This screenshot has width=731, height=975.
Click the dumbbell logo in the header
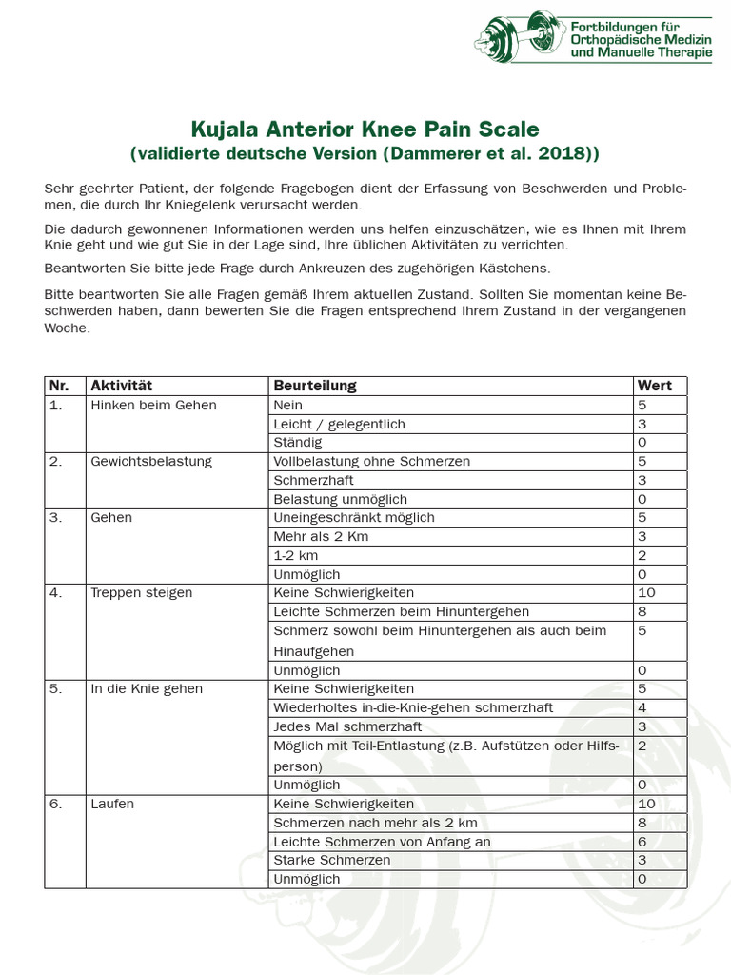pyautogui.click(x=520, y=38)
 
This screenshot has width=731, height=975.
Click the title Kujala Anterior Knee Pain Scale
pyautogui.click(x=365, y=129)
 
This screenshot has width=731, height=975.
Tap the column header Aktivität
pyautogui.click(x=121, y=386)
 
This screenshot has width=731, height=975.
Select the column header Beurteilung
pyautogui.click(x=315, y=386)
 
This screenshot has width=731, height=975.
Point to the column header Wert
pyautogui.click(x=654, y=386)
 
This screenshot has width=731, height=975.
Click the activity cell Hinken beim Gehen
pyautogui.click(x=153, y=405)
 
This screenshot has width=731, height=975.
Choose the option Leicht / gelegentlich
pyautogui.click(x=339, y=424)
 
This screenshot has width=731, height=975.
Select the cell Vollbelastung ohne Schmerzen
pyautogui.click(x=371, y=461)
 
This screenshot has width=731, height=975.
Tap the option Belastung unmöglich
pyautogui.click(x=340, y=499)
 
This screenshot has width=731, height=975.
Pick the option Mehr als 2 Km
pyautogui.click(x=321, y=536)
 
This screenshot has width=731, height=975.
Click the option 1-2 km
pyautogui.click(x=296, y=555)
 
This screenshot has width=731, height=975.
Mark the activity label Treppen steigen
pyautogui.click(x=141, y=592)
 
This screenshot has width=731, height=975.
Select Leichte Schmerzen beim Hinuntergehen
pyautogui.click(x=401, y=611)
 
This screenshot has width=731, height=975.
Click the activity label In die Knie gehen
pyautogui.click(x=147, y=688)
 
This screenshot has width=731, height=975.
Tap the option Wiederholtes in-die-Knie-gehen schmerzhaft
pyautogui.click(x=413, y=707)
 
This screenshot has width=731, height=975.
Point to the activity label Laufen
pyautogui.click(x=112, y=804)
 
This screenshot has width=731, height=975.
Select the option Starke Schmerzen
pyautogui.click(x=331, y=860)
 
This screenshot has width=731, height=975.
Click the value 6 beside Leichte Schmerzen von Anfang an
pyautogui.click(x=642, y=842)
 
